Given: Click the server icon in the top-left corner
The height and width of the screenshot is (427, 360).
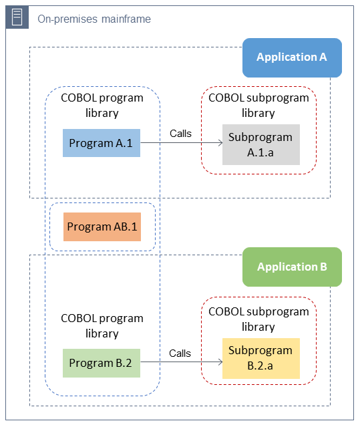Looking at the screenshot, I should [x=17, y=18].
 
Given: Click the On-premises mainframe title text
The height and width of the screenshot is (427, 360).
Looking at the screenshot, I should [x=94, y=19].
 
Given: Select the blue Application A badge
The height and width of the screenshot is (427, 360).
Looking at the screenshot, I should [x=292, y=57].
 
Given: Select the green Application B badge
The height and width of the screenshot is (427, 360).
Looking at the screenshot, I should [x=292, y=267].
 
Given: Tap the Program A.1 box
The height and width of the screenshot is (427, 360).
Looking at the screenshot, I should [x=102, y=143].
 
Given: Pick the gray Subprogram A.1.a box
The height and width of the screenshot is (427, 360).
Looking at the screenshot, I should [x=260, y=144].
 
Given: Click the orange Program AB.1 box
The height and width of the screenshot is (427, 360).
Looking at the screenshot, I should [x=102, y=227].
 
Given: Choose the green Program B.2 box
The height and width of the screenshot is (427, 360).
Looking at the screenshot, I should [x=102, y=363].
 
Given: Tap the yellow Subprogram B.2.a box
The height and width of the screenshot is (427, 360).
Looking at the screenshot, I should [x=260, y=358].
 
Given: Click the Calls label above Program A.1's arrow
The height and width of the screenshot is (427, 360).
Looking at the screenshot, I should [x=180, y=133].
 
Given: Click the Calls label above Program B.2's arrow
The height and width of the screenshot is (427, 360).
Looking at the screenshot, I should [x=180, y=353].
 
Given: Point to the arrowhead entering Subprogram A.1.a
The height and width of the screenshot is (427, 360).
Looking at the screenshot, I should [x=219, y=143].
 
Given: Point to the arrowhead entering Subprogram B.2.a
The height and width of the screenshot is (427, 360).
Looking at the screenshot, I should [x=219, y=363].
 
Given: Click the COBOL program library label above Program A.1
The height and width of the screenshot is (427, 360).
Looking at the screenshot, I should [x=102, y=105].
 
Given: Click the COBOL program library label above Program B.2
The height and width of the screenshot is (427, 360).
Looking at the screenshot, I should [x=102, y=325].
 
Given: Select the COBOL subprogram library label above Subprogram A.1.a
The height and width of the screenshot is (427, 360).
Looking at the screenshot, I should [x=258, y=105].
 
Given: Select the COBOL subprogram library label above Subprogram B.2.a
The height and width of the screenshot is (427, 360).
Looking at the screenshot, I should [x=258, y=319].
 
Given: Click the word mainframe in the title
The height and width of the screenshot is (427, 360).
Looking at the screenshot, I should [x=126, y=19].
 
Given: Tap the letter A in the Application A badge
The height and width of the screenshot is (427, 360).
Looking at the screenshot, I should [x=322, y=57].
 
